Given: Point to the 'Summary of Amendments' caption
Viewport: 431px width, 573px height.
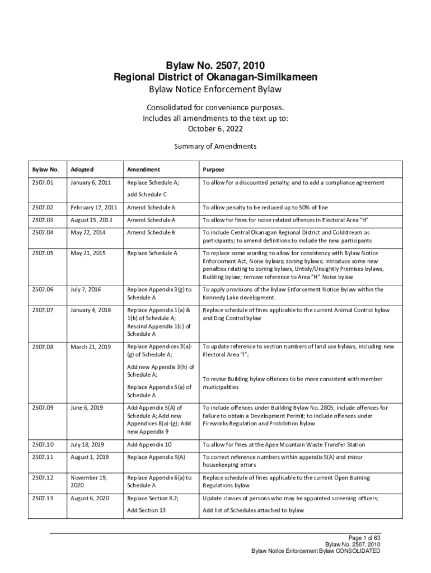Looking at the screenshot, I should (x=215, y=147).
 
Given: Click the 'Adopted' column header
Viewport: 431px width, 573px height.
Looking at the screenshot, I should (x=82, y=169).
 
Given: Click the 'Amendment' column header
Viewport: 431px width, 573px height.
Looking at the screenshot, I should (x=143, y=169).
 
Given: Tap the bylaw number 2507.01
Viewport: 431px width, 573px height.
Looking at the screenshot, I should (x=43, y=182).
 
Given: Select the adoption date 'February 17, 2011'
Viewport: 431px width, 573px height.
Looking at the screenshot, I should (x=91, y=207).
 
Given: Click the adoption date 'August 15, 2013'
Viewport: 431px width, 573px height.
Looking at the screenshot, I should (x=89, y=220).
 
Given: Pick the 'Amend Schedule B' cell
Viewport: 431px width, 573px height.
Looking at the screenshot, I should (x=151, y=232).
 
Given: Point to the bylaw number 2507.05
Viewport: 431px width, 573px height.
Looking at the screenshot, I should (x=43, y=253).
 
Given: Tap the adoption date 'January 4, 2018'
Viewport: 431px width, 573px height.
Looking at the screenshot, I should (x=88, y=310).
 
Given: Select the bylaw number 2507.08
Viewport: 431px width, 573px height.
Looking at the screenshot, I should (x=43, y=346).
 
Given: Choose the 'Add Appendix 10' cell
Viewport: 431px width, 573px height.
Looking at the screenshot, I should (x=149, y=444).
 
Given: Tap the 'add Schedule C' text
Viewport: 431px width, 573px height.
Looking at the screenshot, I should (x=147, y=194).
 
